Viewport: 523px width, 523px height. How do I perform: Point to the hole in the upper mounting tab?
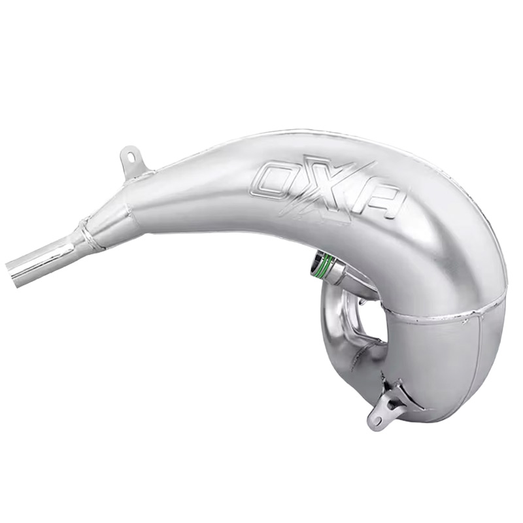pos(130,156)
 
